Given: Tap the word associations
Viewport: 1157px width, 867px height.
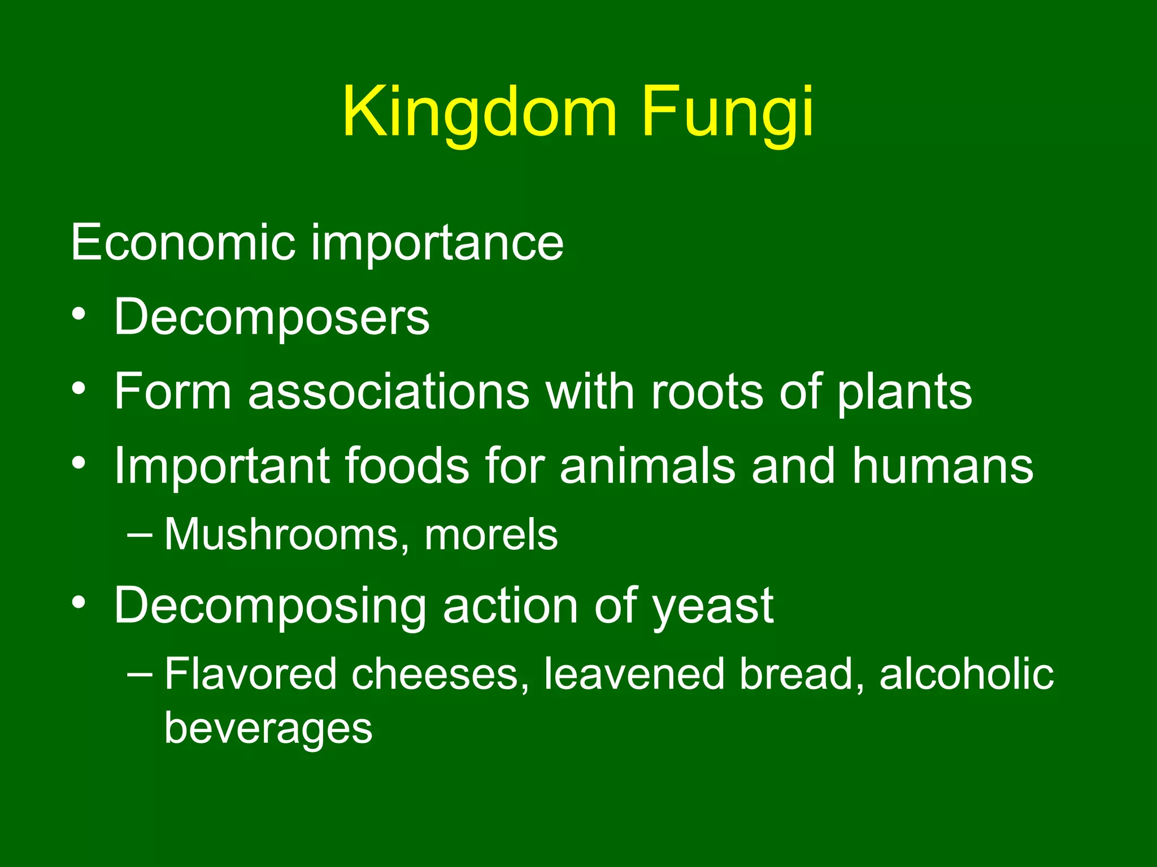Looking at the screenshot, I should click(389, 391).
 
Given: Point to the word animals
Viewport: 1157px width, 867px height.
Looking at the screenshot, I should click(647, 466).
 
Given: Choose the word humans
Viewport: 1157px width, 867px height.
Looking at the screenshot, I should click(942, 466).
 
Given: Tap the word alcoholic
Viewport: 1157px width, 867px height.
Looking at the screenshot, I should click(966, 674).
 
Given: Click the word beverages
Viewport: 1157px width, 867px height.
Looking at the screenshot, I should click(268, 728).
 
